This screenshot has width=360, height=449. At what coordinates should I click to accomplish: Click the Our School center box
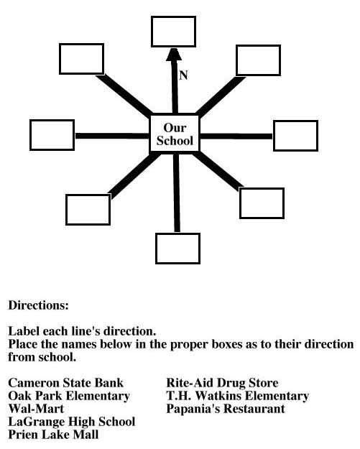[175, 134]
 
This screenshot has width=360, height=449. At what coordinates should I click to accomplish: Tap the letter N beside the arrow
[183, 75]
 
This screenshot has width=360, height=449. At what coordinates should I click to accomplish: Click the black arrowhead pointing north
[174, 54]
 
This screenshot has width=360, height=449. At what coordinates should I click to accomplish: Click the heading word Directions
[38, 305]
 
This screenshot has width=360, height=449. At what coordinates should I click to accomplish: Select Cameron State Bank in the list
[66, 383]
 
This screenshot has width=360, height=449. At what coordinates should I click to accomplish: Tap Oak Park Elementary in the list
[69, 396]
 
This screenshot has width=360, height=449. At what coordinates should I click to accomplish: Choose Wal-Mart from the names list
[36, 409]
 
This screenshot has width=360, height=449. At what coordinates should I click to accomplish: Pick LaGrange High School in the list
[72, 422]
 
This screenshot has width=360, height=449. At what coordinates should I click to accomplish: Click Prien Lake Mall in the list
[53, 435]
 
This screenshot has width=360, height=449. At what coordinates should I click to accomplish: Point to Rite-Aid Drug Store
[222, 383]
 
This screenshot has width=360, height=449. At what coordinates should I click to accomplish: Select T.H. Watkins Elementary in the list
[237, 396]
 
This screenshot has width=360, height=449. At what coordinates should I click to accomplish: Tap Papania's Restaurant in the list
[226, 409]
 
